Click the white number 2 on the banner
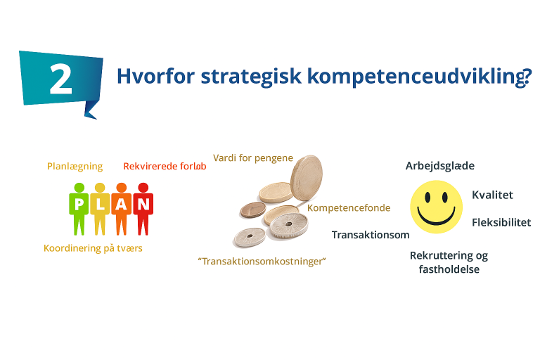point(61,79)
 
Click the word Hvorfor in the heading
point(155,76)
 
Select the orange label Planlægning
point(75,167)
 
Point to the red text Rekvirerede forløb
point(165,166)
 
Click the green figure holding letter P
point(79,209)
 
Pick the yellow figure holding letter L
point(100,209)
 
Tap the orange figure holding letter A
point(121,209)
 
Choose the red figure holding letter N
point(143,209)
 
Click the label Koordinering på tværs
point(93,248)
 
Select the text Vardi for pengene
point(253,157)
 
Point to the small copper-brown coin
point(253,210)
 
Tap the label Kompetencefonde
point(349,207)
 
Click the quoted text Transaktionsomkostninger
point(262,261)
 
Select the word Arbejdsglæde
point(440,166)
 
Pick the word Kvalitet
point(492,195)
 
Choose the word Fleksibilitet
point(501,222)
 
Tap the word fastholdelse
point(449,269)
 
